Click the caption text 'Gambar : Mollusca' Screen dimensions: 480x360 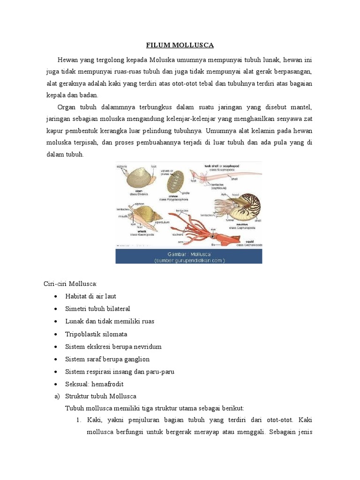pos(188,253)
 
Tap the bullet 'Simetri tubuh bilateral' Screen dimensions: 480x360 pos(97,309)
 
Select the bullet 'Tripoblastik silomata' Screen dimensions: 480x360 pos(96,334)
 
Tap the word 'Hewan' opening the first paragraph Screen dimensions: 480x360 pos(67,60)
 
